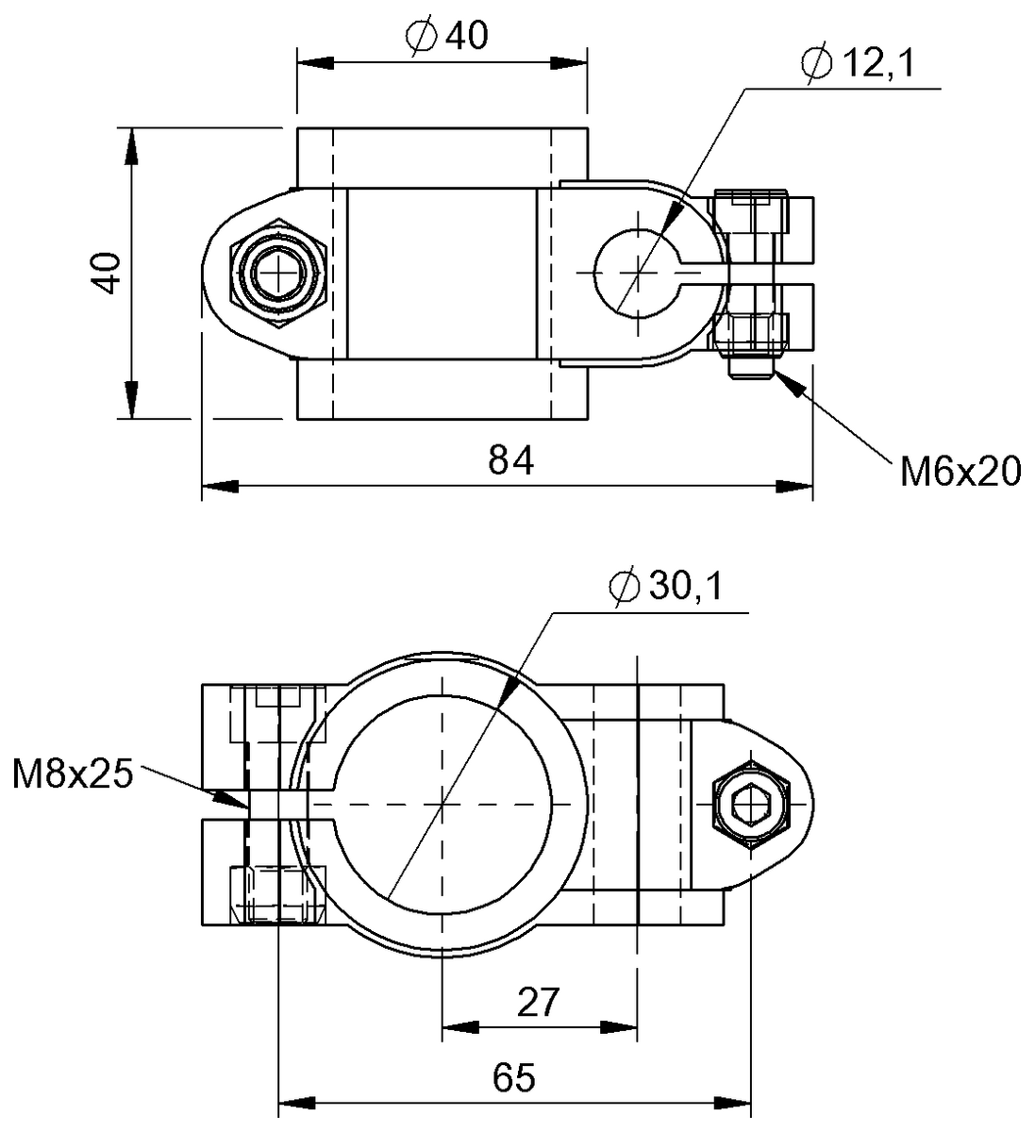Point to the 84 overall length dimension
[x=511, y=461]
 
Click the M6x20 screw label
[x=960, y=471]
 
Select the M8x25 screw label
[x=73, y=774]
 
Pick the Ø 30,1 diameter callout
[x=666, y=587]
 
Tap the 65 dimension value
[x=513, y=1076]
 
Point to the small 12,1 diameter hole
[x=638, y=272]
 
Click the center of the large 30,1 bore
[x=442, y=805]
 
